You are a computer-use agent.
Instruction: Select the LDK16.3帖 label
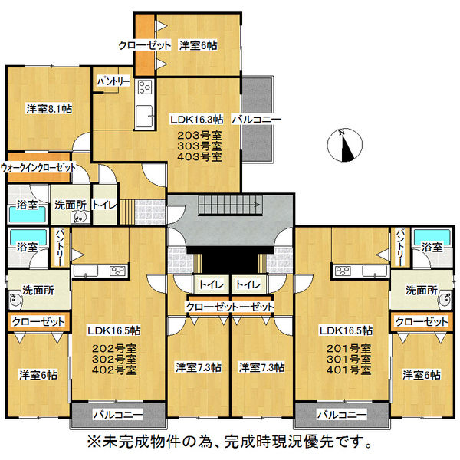pos(196,120)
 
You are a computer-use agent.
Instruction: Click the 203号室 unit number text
pos(196,133)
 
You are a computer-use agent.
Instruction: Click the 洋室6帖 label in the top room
pos(198,46)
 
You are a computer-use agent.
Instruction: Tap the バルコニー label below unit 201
pos(341,415)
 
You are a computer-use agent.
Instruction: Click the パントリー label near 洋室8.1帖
pos(113,80)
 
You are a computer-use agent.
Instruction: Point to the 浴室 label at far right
pos(430,247)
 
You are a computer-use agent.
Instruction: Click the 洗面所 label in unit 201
pos(421,291)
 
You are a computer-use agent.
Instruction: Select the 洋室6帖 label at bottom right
pos(421,375)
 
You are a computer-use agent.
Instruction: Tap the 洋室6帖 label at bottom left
pos(38,375)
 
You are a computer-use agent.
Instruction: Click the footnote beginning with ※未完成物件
pos(230,442)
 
